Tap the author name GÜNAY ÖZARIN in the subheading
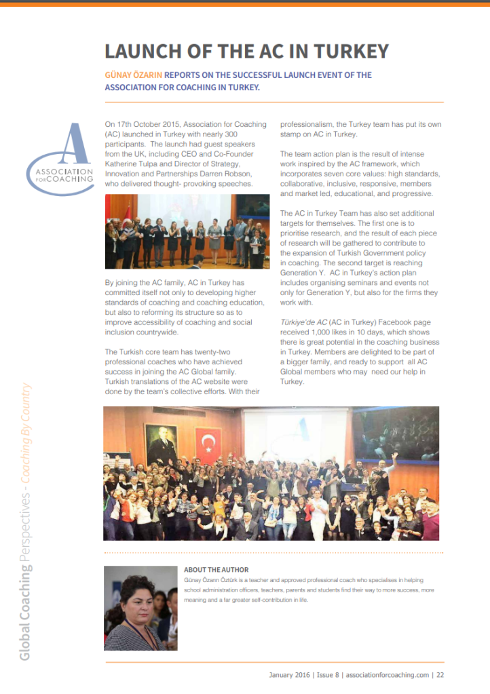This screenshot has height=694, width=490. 134,75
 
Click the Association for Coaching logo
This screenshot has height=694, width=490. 61,160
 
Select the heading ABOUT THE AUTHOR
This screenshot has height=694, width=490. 216,570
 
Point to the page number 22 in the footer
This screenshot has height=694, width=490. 440,675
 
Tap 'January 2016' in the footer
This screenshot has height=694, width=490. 290,675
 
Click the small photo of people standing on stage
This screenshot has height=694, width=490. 187,231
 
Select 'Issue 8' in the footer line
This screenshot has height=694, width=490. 328,675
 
